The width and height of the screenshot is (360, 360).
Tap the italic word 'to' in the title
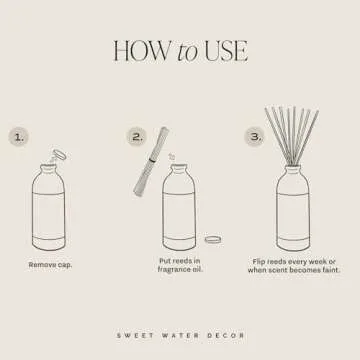pos(187,52)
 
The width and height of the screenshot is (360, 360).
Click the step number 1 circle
pos(20,136)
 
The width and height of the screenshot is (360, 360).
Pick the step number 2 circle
pos(137,135)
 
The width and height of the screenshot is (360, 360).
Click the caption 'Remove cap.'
pos(50,265)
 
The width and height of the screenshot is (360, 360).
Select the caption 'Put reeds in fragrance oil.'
pos(180,265)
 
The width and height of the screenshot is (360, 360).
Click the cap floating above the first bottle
pos(58,153)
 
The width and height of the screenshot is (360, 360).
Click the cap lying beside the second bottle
pos(212,240)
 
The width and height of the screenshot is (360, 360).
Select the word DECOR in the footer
pos(224,335)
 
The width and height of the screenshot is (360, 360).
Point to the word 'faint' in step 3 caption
pos(327,270)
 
